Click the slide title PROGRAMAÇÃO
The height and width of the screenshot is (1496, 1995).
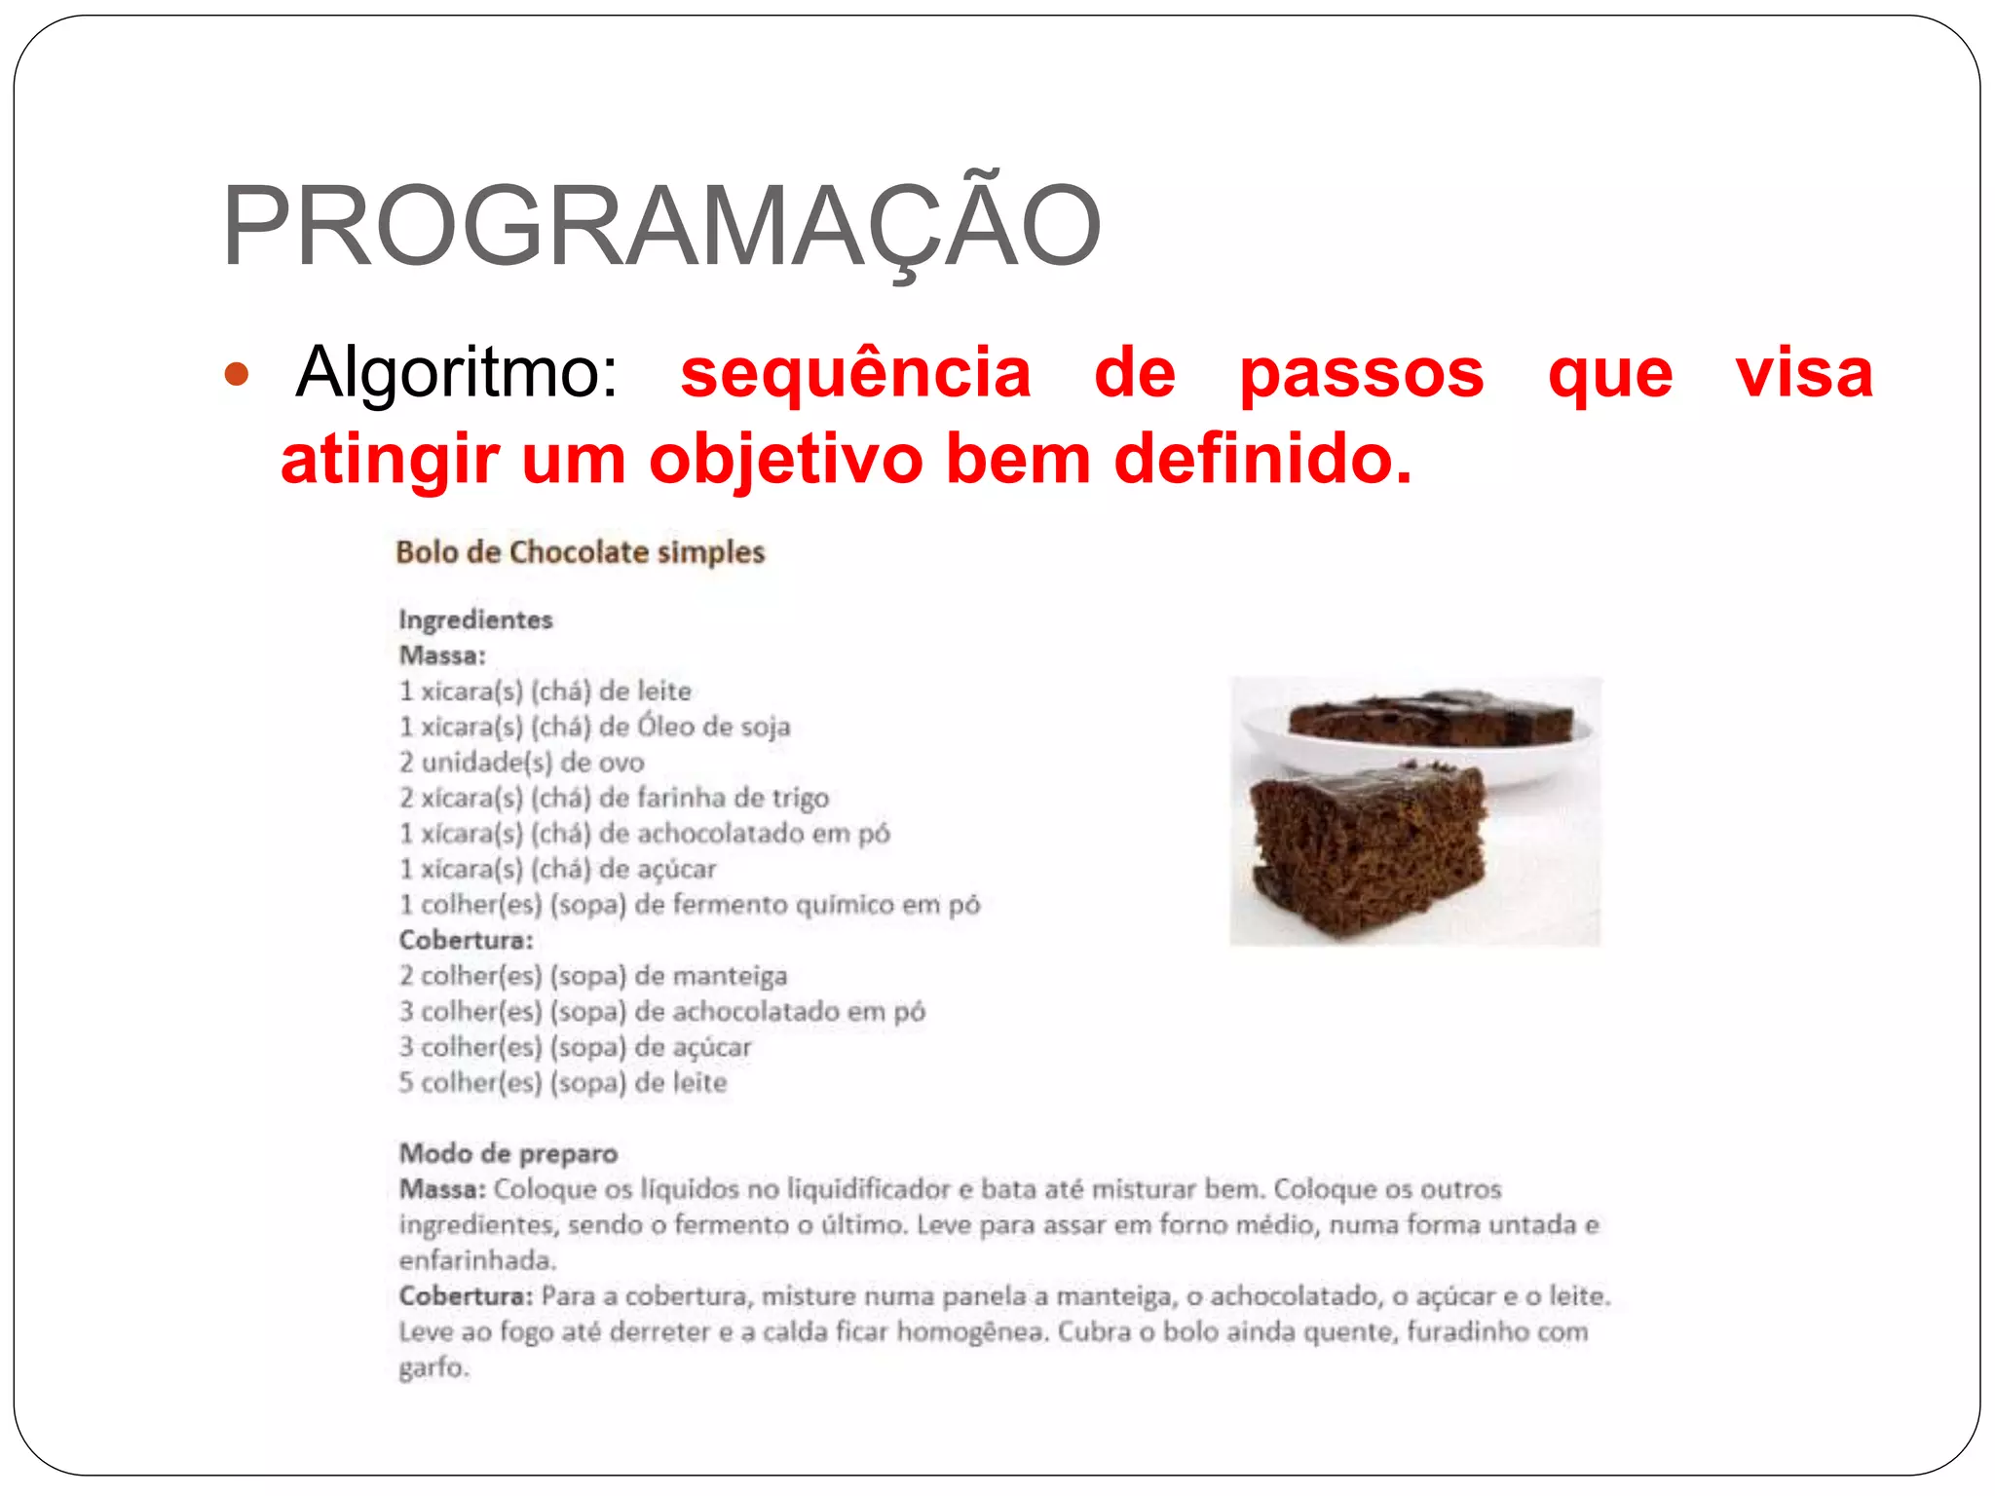(x=660, y=226)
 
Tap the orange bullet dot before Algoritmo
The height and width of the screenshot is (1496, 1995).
(x=237, y=374)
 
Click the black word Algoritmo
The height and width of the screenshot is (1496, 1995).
(x=456, y=372)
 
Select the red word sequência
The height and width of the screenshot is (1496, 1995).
(x=855, y=372)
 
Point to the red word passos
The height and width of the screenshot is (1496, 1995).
(x=1361, y=372)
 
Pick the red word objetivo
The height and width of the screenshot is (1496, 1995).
(x=785, y=459)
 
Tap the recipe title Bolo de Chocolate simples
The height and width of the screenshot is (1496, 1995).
(x=581, y=552)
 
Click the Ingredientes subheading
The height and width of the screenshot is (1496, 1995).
(x=475, y=619)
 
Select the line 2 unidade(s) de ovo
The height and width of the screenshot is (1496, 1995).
(x=522, y=763)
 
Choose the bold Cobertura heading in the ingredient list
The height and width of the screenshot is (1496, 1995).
(x=466, y=940)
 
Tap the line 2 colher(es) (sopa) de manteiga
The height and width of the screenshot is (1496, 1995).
(x=593, y=976)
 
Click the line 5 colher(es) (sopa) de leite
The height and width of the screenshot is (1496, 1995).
(x=563, y=1083)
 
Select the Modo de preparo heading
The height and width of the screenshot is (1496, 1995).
(x=508, y=1154)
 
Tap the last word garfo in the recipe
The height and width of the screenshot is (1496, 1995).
(x=433, y=1367)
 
